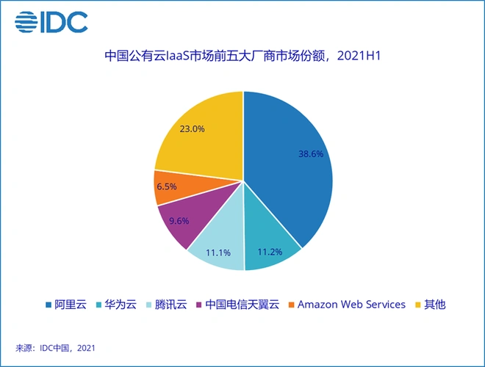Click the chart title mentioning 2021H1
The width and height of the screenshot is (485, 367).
coord(242,56)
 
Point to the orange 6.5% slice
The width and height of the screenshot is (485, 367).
coord(168,186)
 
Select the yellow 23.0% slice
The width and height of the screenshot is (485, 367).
coord(198,132)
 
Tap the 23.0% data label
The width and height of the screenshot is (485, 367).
coord(193,128)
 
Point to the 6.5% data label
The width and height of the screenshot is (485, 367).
coord(167,186)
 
